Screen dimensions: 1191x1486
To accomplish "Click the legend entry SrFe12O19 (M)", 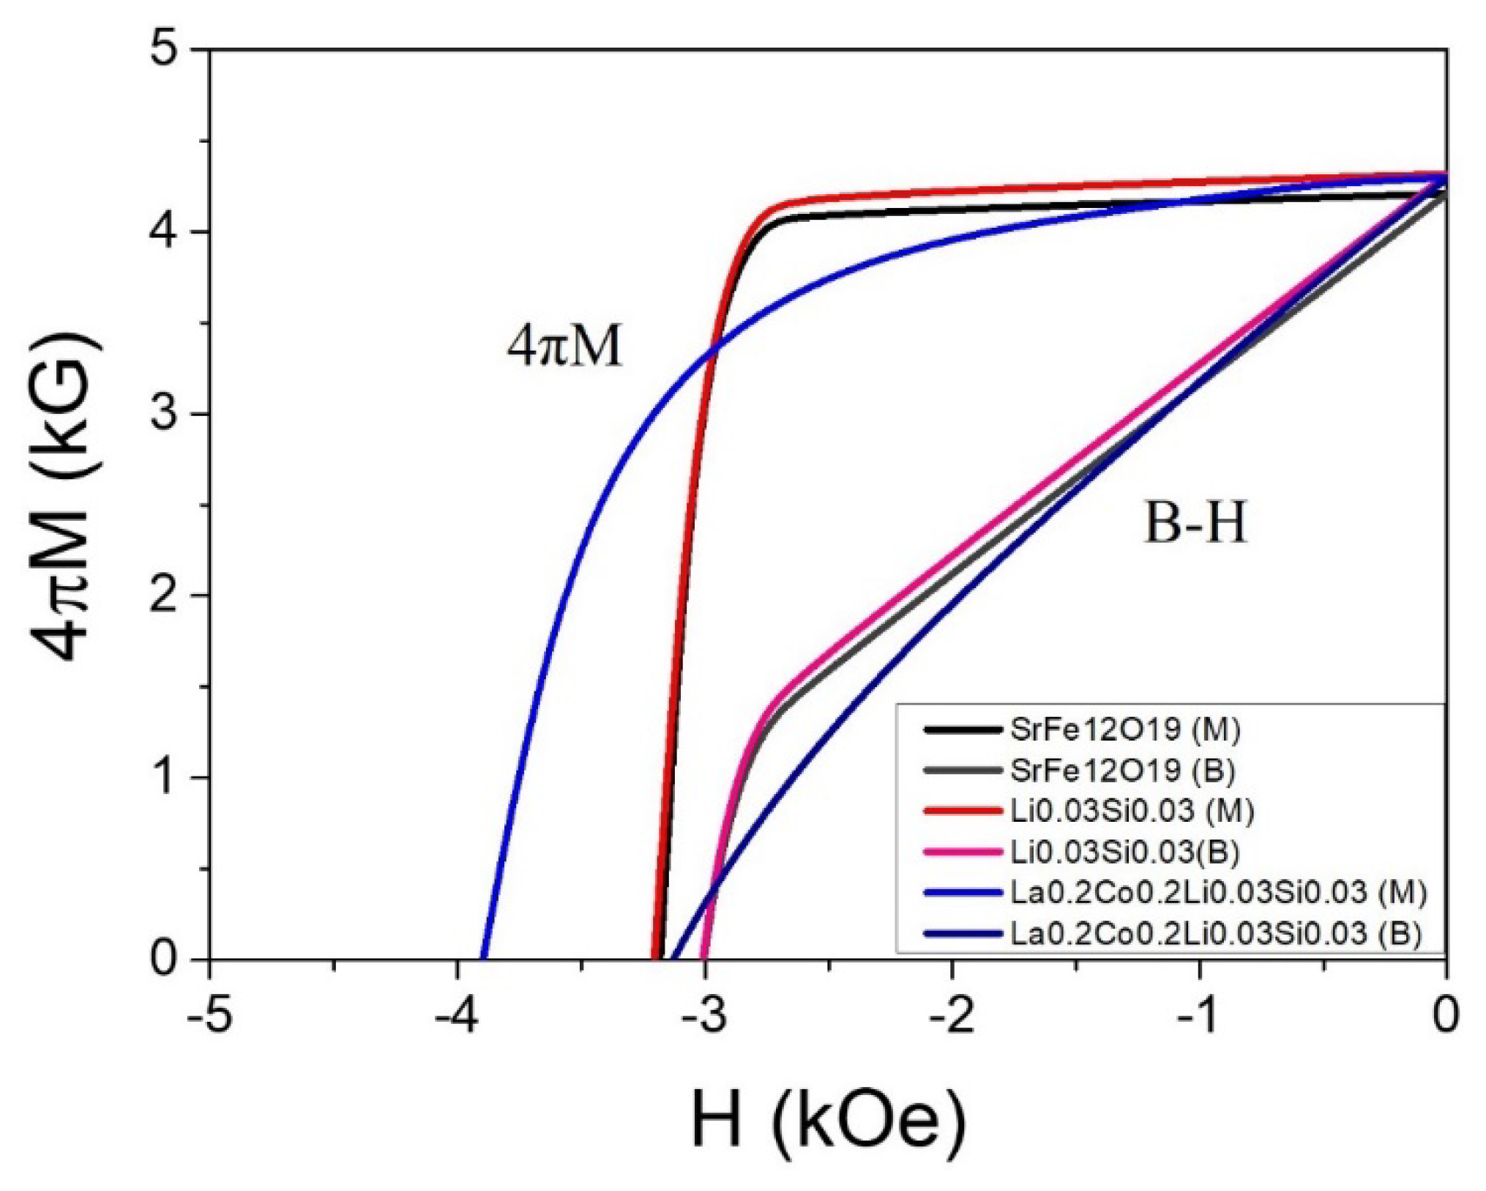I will pyautogui.click(x=1124, y=729).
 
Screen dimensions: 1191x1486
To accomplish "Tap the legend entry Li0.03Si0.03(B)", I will pyautogui.click(x=1124, y=851).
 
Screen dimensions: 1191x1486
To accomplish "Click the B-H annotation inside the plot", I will pyautogui.click(x=1195, y=524).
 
